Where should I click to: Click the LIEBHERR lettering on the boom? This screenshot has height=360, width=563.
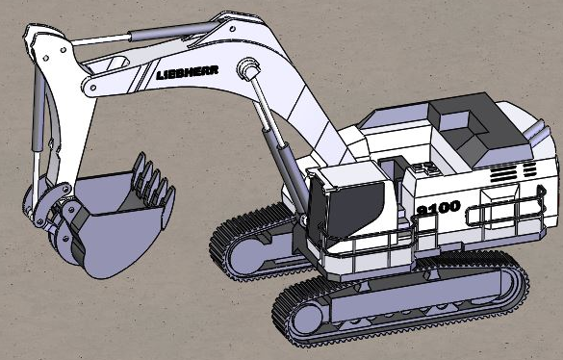click(x=188, y=72)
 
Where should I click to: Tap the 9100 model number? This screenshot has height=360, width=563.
click(x=439, y=208)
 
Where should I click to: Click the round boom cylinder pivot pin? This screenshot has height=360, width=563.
click(x=247, y=66)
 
